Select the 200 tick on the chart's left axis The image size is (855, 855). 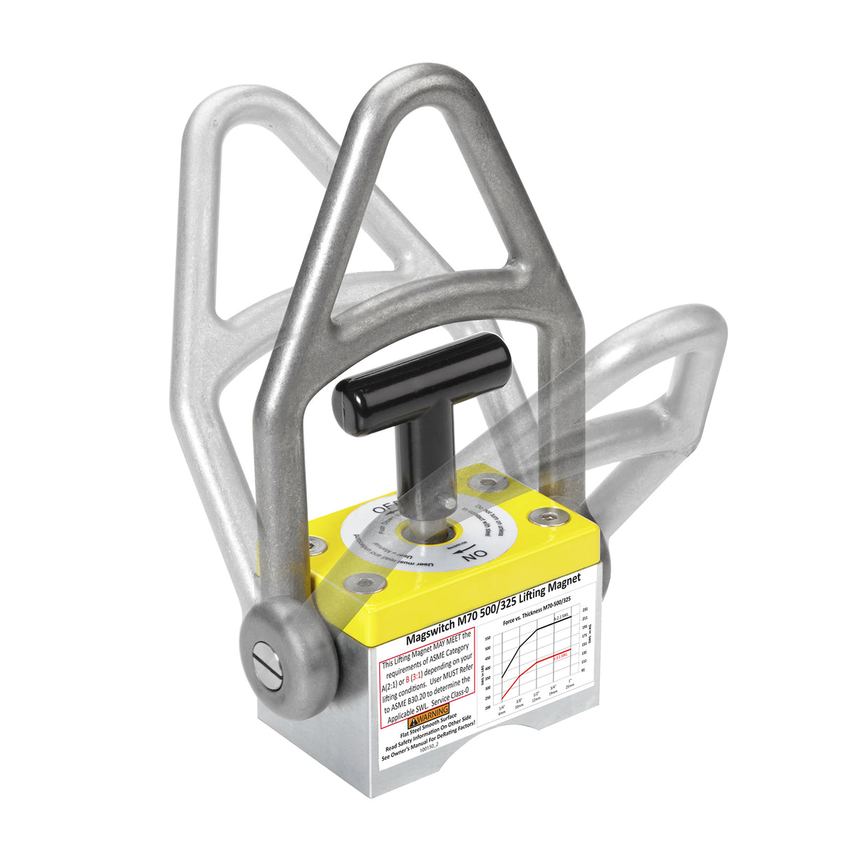487,707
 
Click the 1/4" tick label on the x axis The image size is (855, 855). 502,708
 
